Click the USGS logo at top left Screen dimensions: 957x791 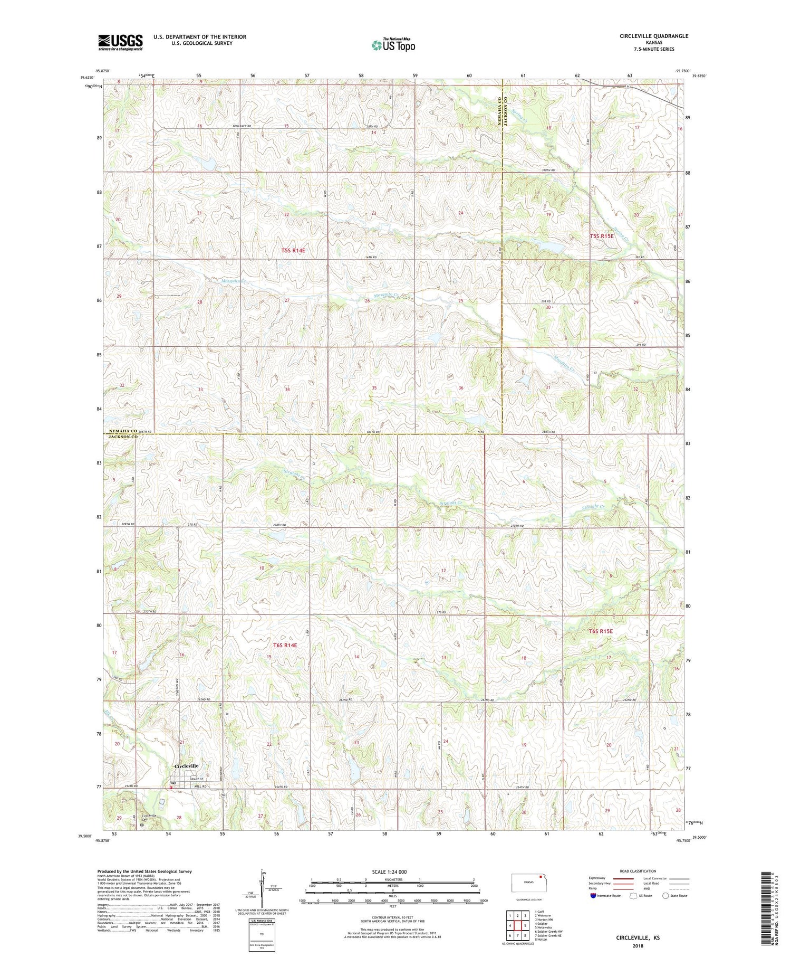120,42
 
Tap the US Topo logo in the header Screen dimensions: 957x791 393,45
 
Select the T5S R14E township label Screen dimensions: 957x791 293,251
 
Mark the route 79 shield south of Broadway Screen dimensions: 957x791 223,795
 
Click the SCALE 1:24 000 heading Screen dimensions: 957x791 392,871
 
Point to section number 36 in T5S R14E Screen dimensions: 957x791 461,388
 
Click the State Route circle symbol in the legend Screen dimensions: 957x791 665,895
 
